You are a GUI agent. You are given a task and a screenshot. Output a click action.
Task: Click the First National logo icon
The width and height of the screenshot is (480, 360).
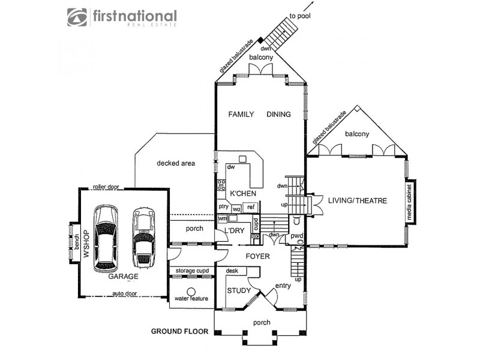click(77, 18)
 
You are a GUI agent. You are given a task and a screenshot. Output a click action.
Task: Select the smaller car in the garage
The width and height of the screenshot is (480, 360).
click(143, 237)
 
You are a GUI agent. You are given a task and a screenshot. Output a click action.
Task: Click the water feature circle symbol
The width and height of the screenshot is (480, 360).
click(190, 290)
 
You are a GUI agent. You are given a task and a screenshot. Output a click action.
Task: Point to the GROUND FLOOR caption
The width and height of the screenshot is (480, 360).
click(179, 331)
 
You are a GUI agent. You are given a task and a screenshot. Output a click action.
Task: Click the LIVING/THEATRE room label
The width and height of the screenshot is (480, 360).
click(357, 200)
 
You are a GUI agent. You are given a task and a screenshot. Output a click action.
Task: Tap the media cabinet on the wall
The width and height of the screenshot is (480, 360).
click(410, 200)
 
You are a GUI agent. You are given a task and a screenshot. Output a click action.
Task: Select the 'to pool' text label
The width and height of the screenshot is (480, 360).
click(300, 17)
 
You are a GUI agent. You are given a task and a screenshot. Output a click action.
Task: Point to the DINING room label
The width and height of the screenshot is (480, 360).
click(278, 114)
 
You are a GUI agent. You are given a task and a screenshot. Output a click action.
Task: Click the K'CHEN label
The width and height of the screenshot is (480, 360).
click(244, 193)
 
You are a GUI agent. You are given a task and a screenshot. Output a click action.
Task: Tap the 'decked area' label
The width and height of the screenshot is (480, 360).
click(175, 163)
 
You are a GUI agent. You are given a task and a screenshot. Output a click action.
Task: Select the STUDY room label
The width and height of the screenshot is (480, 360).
click(238, 290)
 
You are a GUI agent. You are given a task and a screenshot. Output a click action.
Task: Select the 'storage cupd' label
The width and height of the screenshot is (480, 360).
click(192, 271)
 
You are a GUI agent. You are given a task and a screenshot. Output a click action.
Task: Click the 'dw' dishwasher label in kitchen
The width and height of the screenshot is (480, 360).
click(230, 167)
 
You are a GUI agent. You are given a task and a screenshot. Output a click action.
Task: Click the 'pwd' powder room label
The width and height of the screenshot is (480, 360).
click(297, 237)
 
